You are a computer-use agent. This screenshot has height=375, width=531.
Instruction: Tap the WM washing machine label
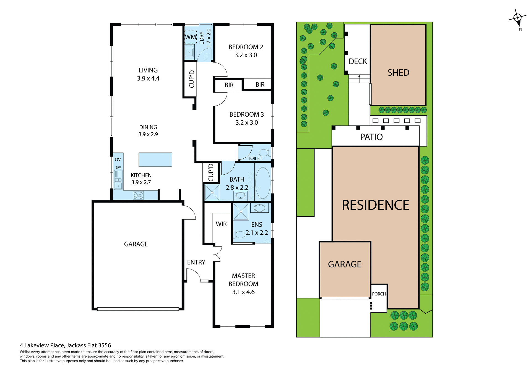coord(191,37)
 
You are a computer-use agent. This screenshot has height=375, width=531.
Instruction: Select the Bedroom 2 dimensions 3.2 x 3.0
coord(246,55)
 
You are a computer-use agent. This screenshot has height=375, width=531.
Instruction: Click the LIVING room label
coord(148,70)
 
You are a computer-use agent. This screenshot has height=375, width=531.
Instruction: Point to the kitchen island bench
coord(155,160)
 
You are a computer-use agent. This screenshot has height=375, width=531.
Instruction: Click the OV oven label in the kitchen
coord(118,159)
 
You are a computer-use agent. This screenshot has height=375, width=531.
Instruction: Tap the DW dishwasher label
coord(118,167)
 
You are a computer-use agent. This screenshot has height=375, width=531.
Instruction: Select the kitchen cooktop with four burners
coord(138,195)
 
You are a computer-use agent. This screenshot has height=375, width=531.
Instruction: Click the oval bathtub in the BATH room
coord(263,183)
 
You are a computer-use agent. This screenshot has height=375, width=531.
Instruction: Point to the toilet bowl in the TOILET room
coord(264,153)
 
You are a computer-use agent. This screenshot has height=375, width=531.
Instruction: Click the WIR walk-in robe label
coord(221,224)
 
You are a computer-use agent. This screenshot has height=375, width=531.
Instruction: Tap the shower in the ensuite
coord(241,212)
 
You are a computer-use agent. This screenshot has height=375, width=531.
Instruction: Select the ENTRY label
coord(196,262)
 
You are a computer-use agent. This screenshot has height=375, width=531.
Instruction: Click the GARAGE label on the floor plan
coord(136,244)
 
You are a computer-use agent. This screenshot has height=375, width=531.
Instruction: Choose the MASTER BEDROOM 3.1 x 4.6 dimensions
coord(243,292)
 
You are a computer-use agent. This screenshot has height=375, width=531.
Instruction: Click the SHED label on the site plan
coord(398,73)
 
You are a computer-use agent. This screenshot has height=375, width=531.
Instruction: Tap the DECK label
coord(358,61)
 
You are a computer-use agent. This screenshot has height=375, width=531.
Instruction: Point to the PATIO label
coord(371,137)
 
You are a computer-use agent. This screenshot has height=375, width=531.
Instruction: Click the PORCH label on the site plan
coord(379,294)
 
